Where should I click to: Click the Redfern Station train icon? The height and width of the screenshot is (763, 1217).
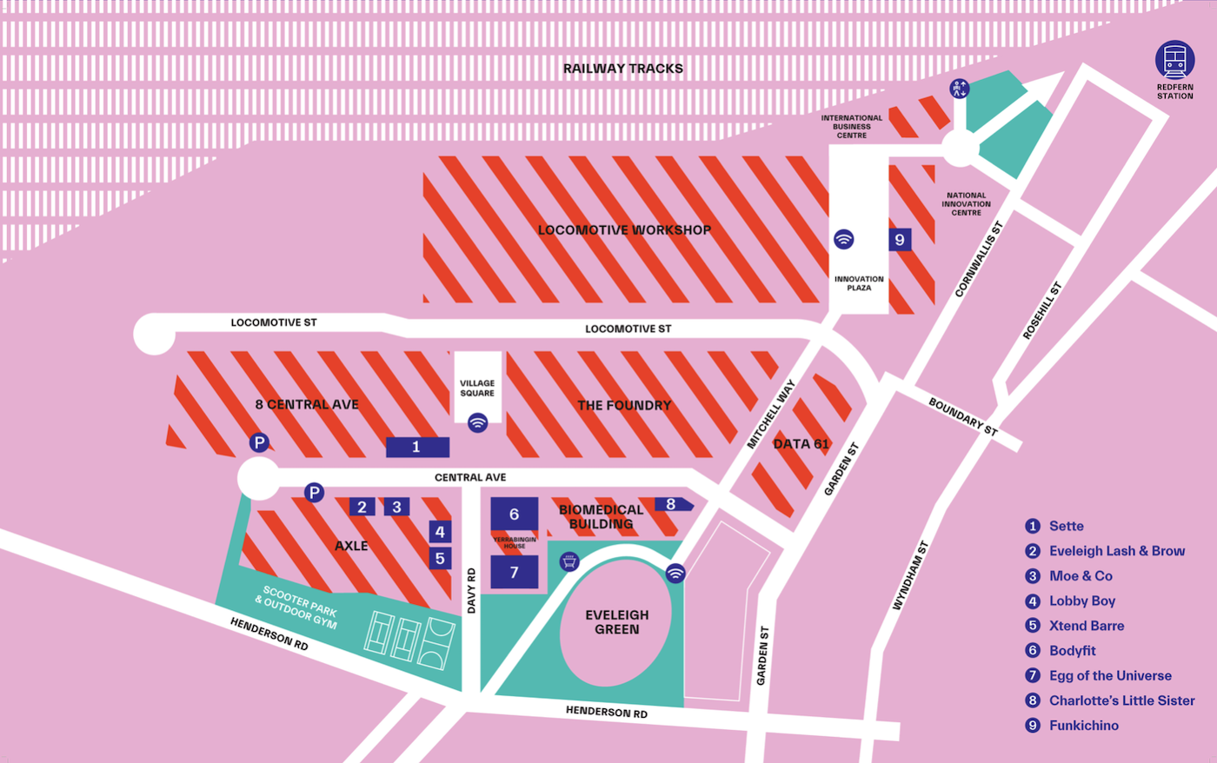click(x=1174, y=60)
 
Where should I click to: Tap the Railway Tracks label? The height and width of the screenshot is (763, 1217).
click(x=622, y=69)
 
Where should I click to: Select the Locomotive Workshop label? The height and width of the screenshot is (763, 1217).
click(x=624, y=230)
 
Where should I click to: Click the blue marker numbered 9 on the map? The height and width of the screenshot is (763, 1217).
click(x=900, y=240)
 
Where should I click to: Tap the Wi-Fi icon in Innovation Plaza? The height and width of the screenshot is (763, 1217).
click(x=843, y=239)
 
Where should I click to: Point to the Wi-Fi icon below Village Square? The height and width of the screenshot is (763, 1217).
click(x=477, y=423)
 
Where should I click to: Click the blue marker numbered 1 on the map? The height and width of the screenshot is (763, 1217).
click(x=416, y=447)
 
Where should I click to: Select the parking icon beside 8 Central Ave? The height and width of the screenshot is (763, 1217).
click(x=259, y=443)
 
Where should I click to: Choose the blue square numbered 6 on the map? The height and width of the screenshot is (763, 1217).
click(x=514, y=514)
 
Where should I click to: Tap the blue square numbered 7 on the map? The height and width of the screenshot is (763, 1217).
click(x=514, y=573)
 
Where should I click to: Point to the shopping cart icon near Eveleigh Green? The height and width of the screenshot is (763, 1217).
click(x=569, y=561)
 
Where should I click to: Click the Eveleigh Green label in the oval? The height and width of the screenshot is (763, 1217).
click(x=616, y=622)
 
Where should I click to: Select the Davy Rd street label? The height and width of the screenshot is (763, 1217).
click(x=472, y=591)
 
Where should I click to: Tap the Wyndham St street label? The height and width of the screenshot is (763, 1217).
click(x=911, y=575)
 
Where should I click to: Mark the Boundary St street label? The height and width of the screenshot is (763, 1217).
click(x=963, y=416)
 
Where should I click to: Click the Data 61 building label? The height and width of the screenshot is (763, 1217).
click(x=801, y=444)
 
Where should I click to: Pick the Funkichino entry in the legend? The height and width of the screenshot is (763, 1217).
click(x=1083, y=726)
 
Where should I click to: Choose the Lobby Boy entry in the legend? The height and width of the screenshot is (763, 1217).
click(x=1081, y=600)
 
